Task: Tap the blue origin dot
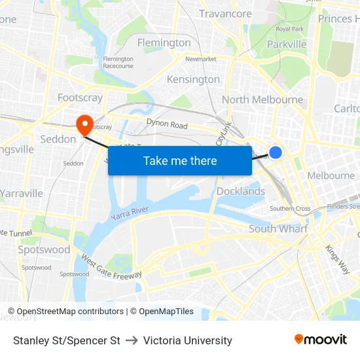point(276,153)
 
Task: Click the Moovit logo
point(321,340)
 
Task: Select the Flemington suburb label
point(164,43)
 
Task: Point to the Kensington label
point(193,79)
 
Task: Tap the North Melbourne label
point(262,99)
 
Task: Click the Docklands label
point(241,191)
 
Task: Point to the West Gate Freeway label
point(111,266)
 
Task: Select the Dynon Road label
point(167,125)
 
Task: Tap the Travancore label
point(225,14)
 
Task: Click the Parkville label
point(287,44)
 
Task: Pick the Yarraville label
point(22,193)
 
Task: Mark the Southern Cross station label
point(290,209)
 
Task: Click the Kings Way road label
point(337,259)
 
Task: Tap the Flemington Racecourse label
point(118,62)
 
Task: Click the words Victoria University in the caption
point(188,340)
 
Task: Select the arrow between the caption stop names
point(132,340)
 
